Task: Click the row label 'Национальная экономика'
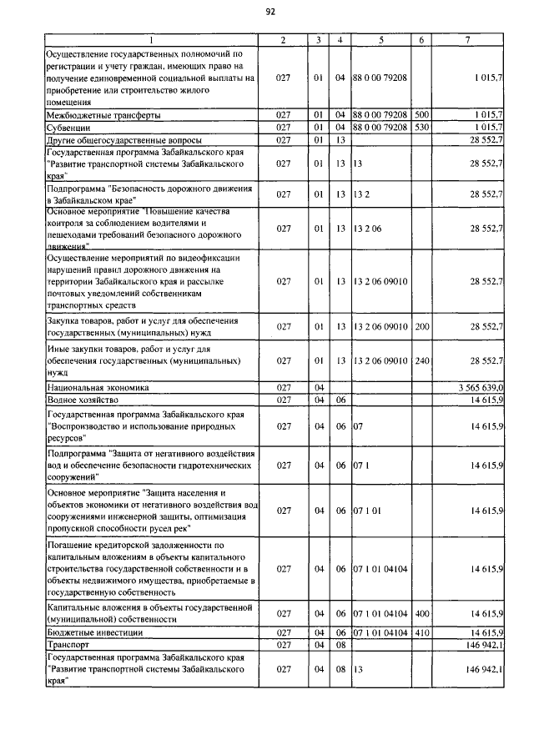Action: point(98,388)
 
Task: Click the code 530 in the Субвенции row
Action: point(421,127)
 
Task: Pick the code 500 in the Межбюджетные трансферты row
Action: point(421,114)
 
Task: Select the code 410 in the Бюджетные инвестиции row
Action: point(421,633)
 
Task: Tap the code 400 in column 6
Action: point(421,613)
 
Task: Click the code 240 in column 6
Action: point(421,360)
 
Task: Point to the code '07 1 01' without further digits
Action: point(367,509)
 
